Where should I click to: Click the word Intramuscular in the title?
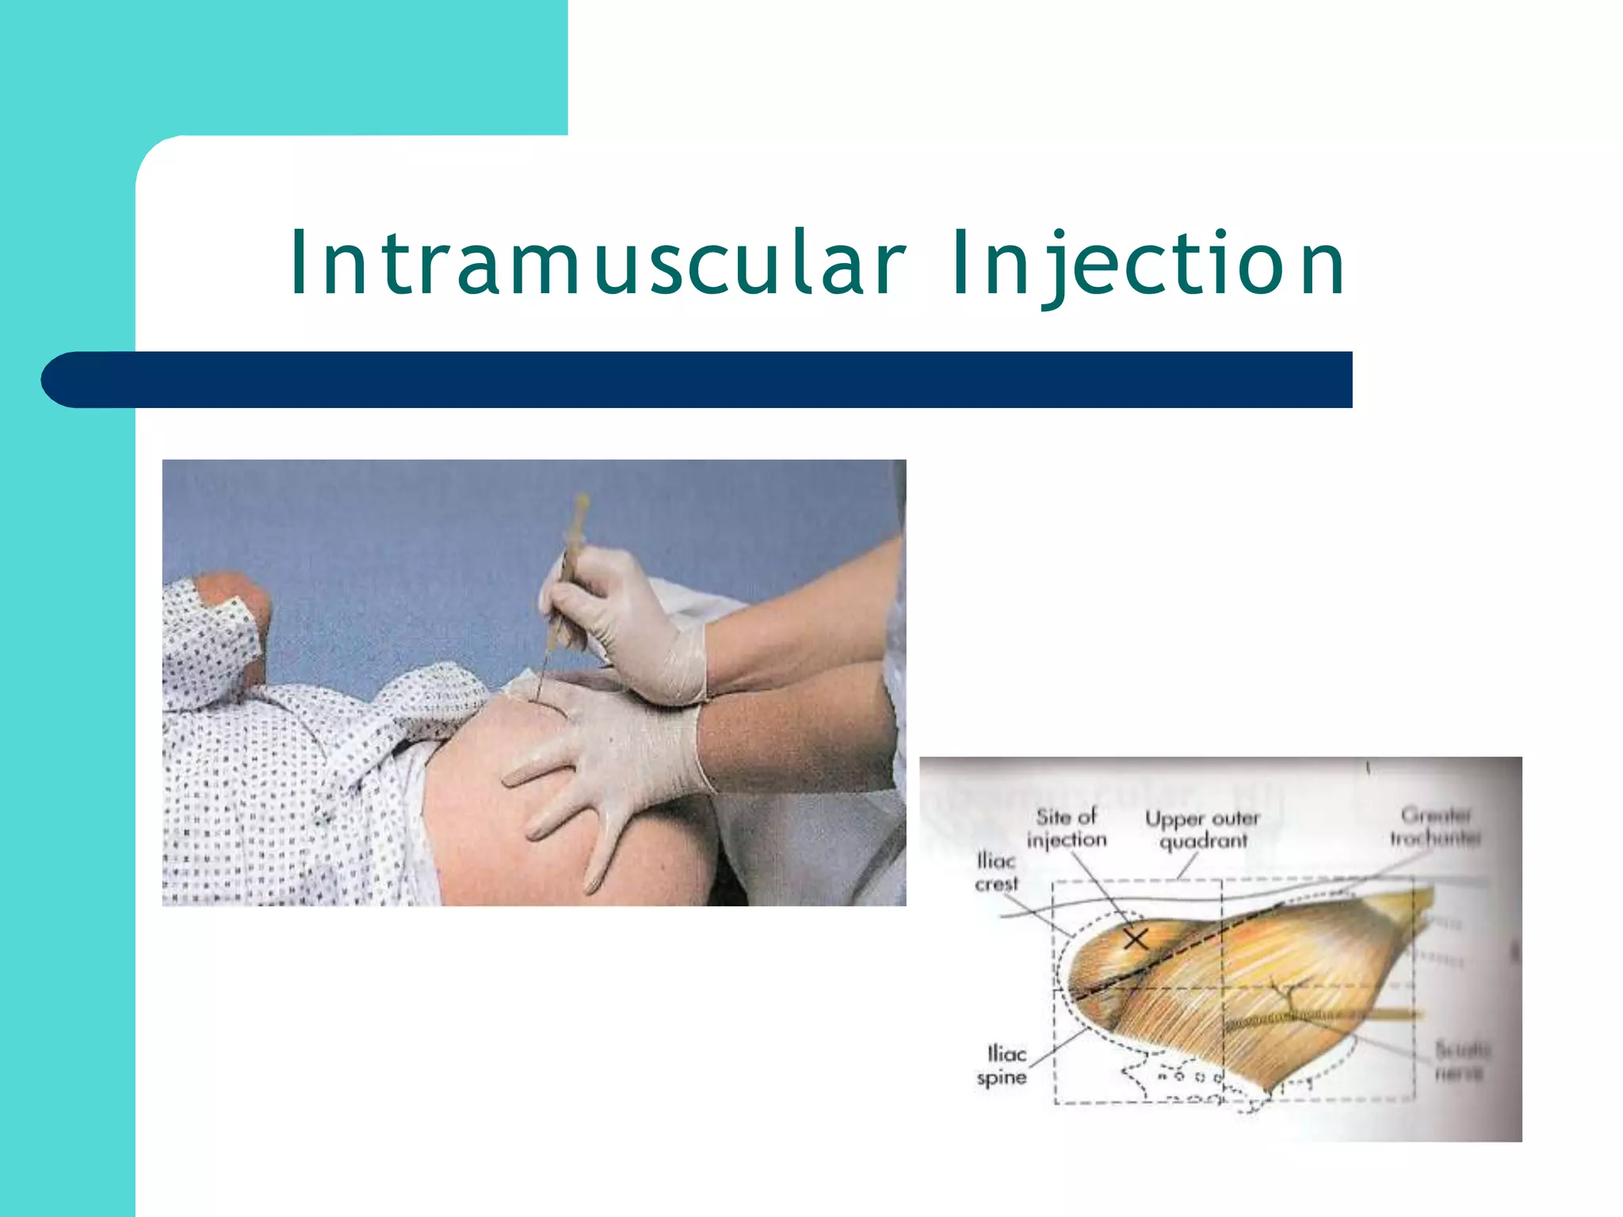[598, 263]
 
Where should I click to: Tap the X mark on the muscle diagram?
[1136, 939]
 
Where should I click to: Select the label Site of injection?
[1067, 828]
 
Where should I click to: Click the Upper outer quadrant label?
[1202, 830]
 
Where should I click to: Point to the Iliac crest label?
[996, 872]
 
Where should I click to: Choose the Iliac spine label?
[1002, 1066]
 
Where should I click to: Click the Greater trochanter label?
[1435, 826]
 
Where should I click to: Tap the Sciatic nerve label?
[1461, 1062]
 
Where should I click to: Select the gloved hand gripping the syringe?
[626, 626]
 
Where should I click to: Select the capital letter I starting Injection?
[960, 263]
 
